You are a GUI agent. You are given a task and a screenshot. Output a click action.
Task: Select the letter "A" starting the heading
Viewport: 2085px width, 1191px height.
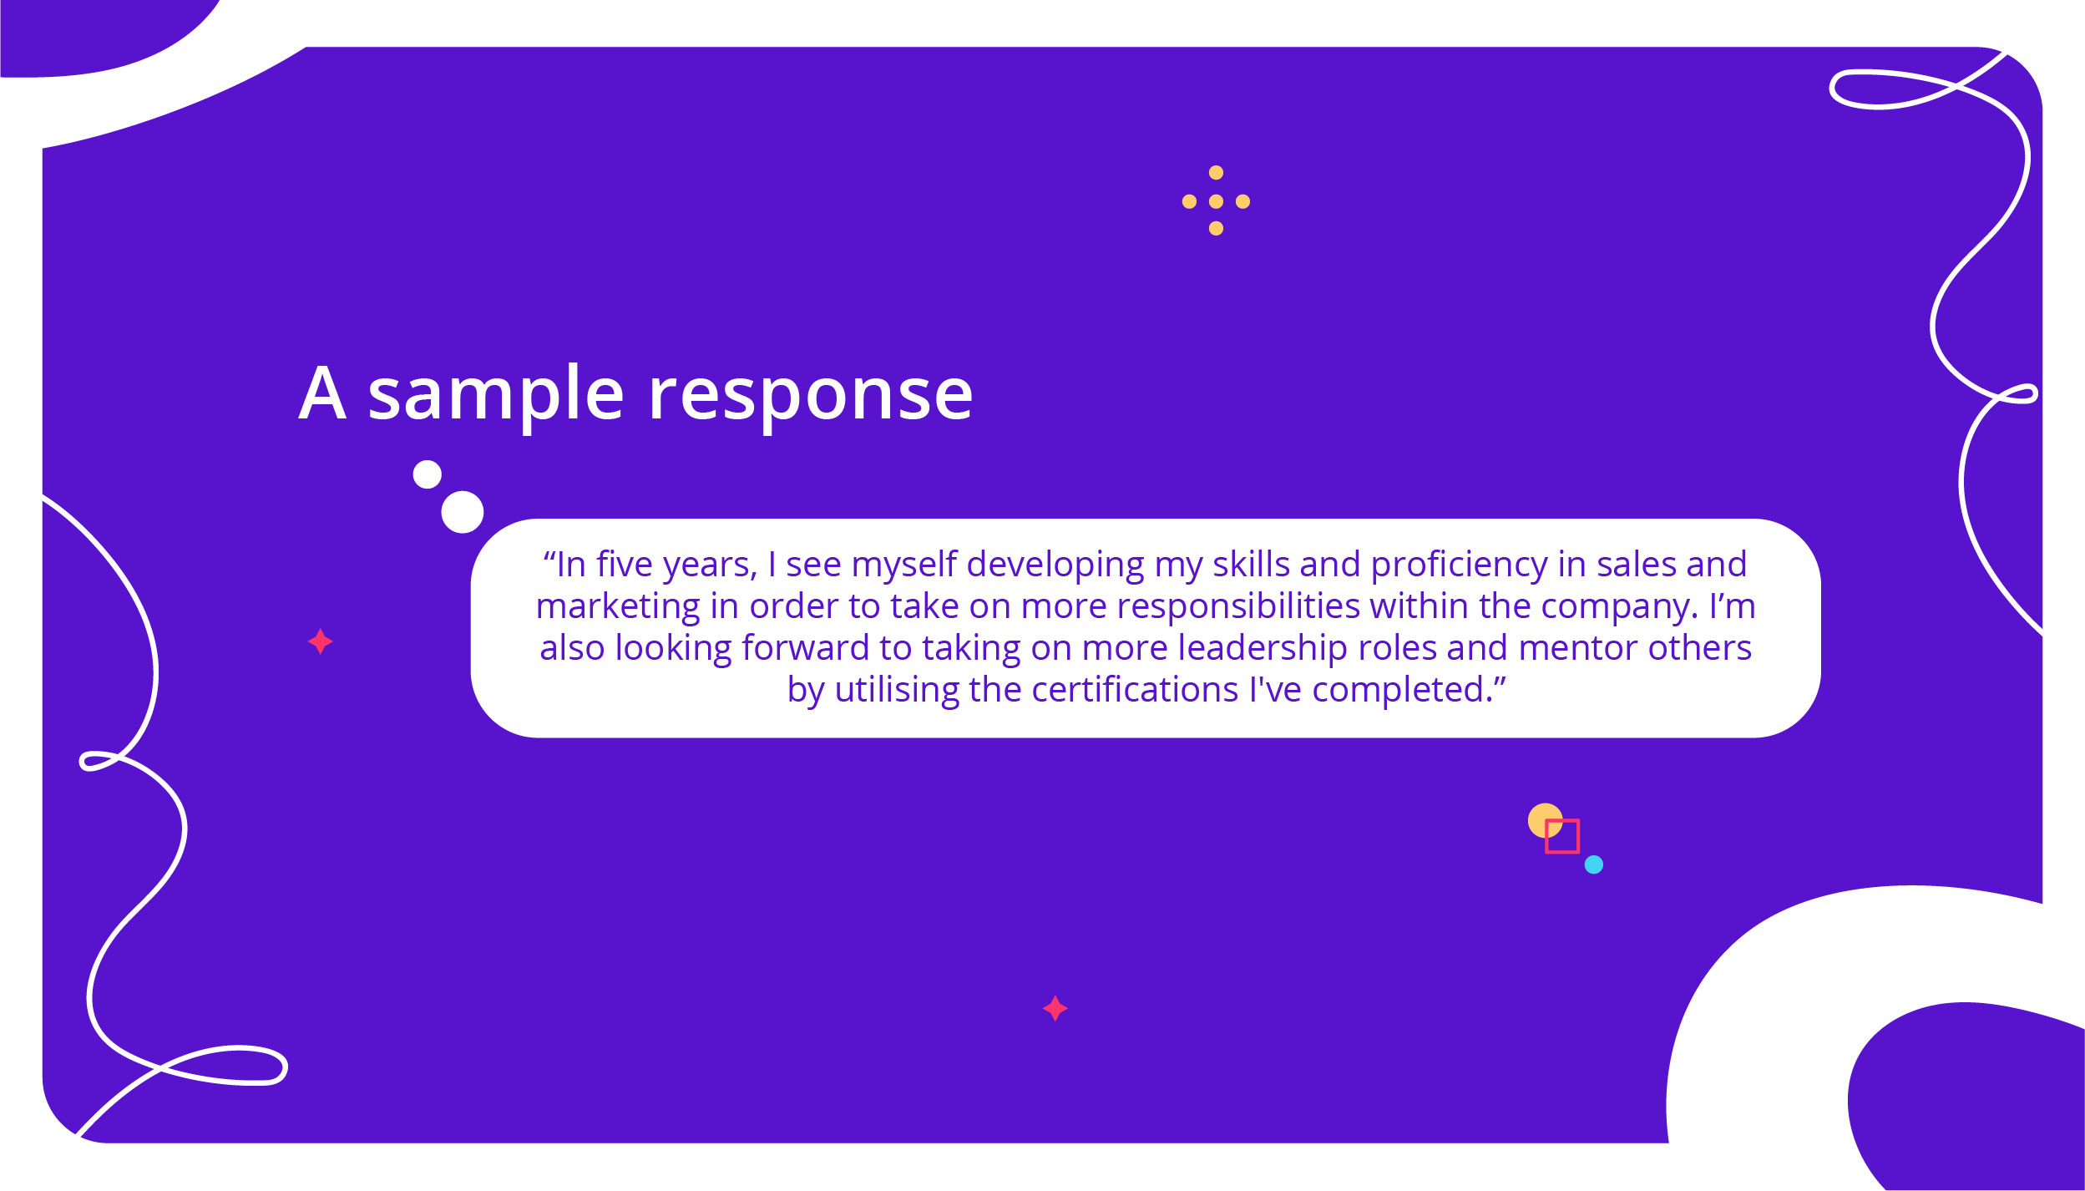coord(322,393)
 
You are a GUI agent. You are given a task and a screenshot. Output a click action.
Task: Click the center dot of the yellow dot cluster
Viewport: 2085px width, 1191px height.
coord(1216,201)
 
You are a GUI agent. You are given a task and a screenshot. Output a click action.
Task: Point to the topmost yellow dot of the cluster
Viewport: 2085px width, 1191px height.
coord(1216,173)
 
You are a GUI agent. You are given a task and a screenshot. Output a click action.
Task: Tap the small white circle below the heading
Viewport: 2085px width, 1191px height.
coord(427,474)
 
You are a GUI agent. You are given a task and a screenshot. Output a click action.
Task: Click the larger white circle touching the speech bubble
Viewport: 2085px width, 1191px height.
coord(463,512)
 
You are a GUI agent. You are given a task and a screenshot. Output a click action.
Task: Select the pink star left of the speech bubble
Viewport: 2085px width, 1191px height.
coord(321,641)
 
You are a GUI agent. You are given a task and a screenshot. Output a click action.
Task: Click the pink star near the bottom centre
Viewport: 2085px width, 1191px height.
coord(1055,1008)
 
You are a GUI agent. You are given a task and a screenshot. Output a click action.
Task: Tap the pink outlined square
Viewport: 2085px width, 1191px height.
coord(1561,836)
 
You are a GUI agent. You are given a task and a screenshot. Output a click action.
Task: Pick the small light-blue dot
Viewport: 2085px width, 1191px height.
coord(1594,864)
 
